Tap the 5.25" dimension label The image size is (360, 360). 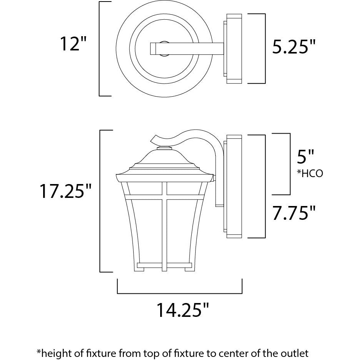294,47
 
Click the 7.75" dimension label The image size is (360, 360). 294,213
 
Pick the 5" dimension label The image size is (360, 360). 305,157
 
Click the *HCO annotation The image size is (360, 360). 310,173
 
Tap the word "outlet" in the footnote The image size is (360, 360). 294,353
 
